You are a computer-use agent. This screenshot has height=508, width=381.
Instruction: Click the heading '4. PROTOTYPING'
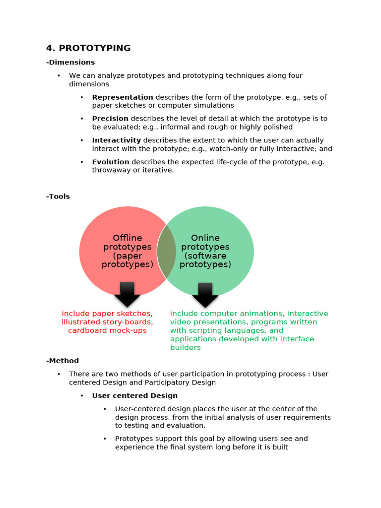click(x=88, y=48)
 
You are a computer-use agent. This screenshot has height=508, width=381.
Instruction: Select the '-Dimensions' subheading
click(x=70, y=63)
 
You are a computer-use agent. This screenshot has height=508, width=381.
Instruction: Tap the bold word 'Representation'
click(x=123, y=97)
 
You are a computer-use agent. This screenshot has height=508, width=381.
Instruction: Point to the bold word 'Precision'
click(x=110, y=119)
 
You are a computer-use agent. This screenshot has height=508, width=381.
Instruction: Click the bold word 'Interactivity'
click(x=117, y=140)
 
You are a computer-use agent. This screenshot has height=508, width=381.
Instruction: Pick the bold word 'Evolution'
click(x=111, y=162)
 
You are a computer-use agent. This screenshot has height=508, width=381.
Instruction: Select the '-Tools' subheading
click(x=58, y=196)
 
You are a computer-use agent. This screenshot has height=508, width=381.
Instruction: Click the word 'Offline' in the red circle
click(x=127, y=238)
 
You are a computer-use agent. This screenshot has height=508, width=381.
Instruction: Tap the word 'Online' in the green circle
click(x=205, y=238)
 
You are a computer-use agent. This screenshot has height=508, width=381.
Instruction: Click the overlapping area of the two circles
click(x=167, y=251)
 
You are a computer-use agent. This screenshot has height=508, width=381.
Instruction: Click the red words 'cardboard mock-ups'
click(x=107, y=330)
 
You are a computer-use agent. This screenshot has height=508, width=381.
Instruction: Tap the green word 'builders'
click(x=186, y=347)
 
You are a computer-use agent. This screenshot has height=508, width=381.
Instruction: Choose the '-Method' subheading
click(x=63, y=361)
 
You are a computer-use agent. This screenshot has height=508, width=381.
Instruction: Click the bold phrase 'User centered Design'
click(x=135, y=396)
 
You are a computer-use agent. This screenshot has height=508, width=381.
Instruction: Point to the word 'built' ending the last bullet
click(x=279, y=447)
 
